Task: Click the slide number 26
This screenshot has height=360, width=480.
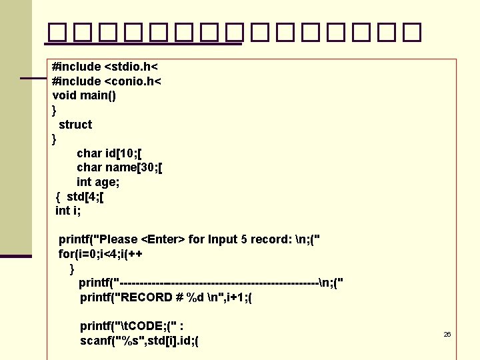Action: coord(447,334)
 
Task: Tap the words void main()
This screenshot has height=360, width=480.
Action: coord(84,95)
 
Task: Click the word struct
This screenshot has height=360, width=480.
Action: coord(75,125)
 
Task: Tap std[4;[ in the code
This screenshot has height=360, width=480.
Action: coord(85,197)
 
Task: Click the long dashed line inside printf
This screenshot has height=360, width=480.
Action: coord(220,283)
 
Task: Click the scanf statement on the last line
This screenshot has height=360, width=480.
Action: coord(140,341)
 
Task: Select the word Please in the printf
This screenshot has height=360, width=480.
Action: coord(118,239)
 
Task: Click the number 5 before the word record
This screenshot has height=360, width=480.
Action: coord(243,239)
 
